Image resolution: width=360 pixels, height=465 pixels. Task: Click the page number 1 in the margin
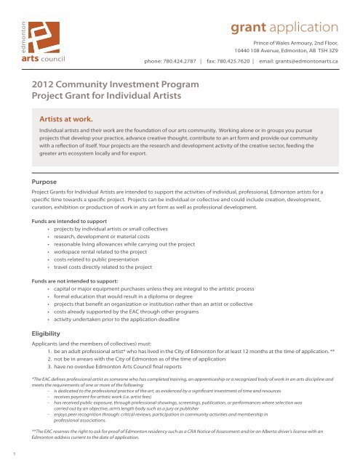click(x=5, y=455)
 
